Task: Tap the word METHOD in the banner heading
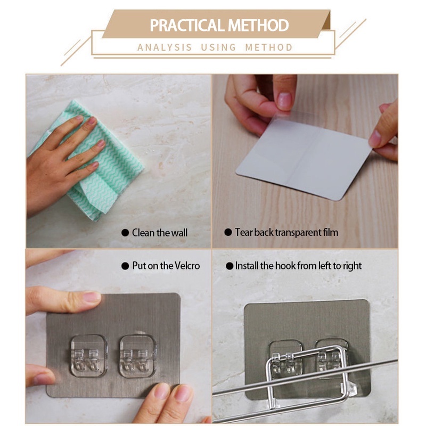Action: coord(258,25)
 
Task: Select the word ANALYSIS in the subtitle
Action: coord(165,47)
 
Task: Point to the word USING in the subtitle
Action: coord(219,47)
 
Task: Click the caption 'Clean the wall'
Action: coord(160,233)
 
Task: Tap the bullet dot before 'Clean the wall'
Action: coord(125,233)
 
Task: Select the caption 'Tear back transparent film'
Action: coord(286,233)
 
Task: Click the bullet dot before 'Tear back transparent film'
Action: coord(228,232)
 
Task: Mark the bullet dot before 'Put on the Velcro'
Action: coord(125,266)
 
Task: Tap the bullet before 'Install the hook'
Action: coord(230,266)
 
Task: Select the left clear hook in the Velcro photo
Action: coord(88,356)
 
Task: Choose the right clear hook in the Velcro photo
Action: coord(138,356)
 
